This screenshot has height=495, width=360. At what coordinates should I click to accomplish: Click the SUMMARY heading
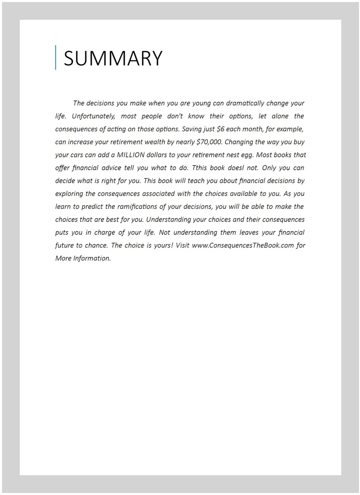coord(113,58)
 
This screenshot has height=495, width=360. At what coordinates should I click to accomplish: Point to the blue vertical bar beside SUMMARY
coord(55,57)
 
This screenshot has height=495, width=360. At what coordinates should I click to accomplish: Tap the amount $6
coord(221,129)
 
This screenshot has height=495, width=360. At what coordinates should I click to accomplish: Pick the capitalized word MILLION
coord(135,155)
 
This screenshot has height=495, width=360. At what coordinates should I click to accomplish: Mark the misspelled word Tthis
coord(200,168)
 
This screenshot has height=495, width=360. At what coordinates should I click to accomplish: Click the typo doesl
coord(236,168)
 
